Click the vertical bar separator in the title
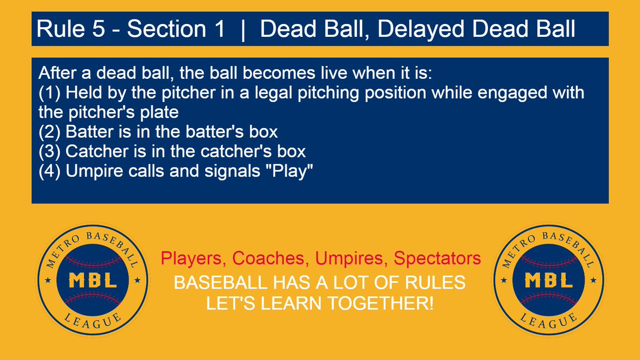pyautogui.click(x=243, y=30)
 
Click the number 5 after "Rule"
pyautogui.click(x=99, y=29)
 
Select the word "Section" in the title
pyautogui.click(x=166, y=29)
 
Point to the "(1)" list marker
pyautogui.click(x=50, y=93)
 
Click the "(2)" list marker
pyautogui.click(x=50, y=132)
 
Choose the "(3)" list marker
pyautogui.click(x=50, y=151)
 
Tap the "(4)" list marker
pyautogui.click(x=50, y=171)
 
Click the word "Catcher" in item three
pyautogui.click(x=97, y=151)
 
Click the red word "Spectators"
pyautogui.click(x=437, y=259)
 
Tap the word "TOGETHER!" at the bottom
pyautogui.click(x=381, y=303)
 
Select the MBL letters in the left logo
pyautogui.click(x=93, y=280)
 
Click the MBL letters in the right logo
pyautogui.click(x=549, y=280)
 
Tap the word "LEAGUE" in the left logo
pyautogui.click(x=93, y=321)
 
